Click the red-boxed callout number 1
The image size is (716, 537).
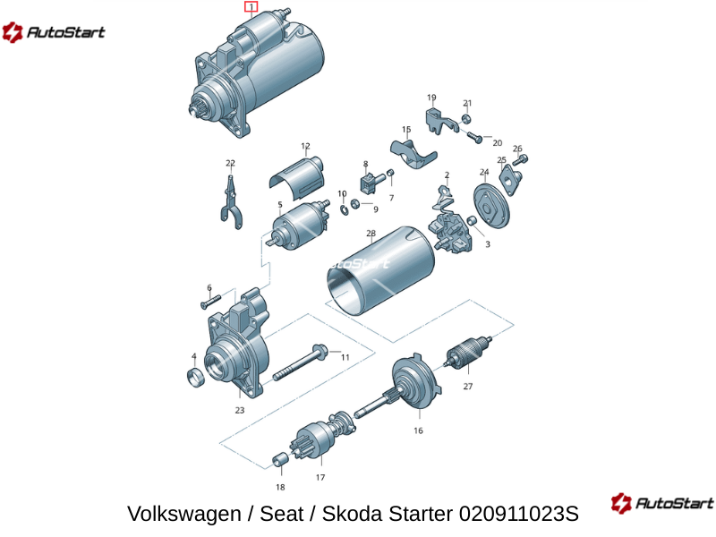[251, 7]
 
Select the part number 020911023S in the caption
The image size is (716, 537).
[519, 514]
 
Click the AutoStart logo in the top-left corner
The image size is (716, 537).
[54, 32]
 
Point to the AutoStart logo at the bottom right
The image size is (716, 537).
[662, 503]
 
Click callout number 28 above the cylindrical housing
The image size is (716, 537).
[371, 234]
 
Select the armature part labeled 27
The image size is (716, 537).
[468, 353]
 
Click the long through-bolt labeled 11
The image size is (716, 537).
[301, 363]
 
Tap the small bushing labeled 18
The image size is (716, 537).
[280, 460]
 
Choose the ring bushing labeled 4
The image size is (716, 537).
[196, 377]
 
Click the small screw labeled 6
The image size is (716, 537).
[210, 302]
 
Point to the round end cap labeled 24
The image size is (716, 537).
[490, 206]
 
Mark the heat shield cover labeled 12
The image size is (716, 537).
[296, 177]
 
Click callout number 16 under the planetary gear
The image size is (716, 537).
[418, 430]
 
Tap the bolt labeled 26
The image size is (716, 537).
[520, 160]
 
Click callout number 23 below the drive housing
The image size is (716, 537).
[240, 410]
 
